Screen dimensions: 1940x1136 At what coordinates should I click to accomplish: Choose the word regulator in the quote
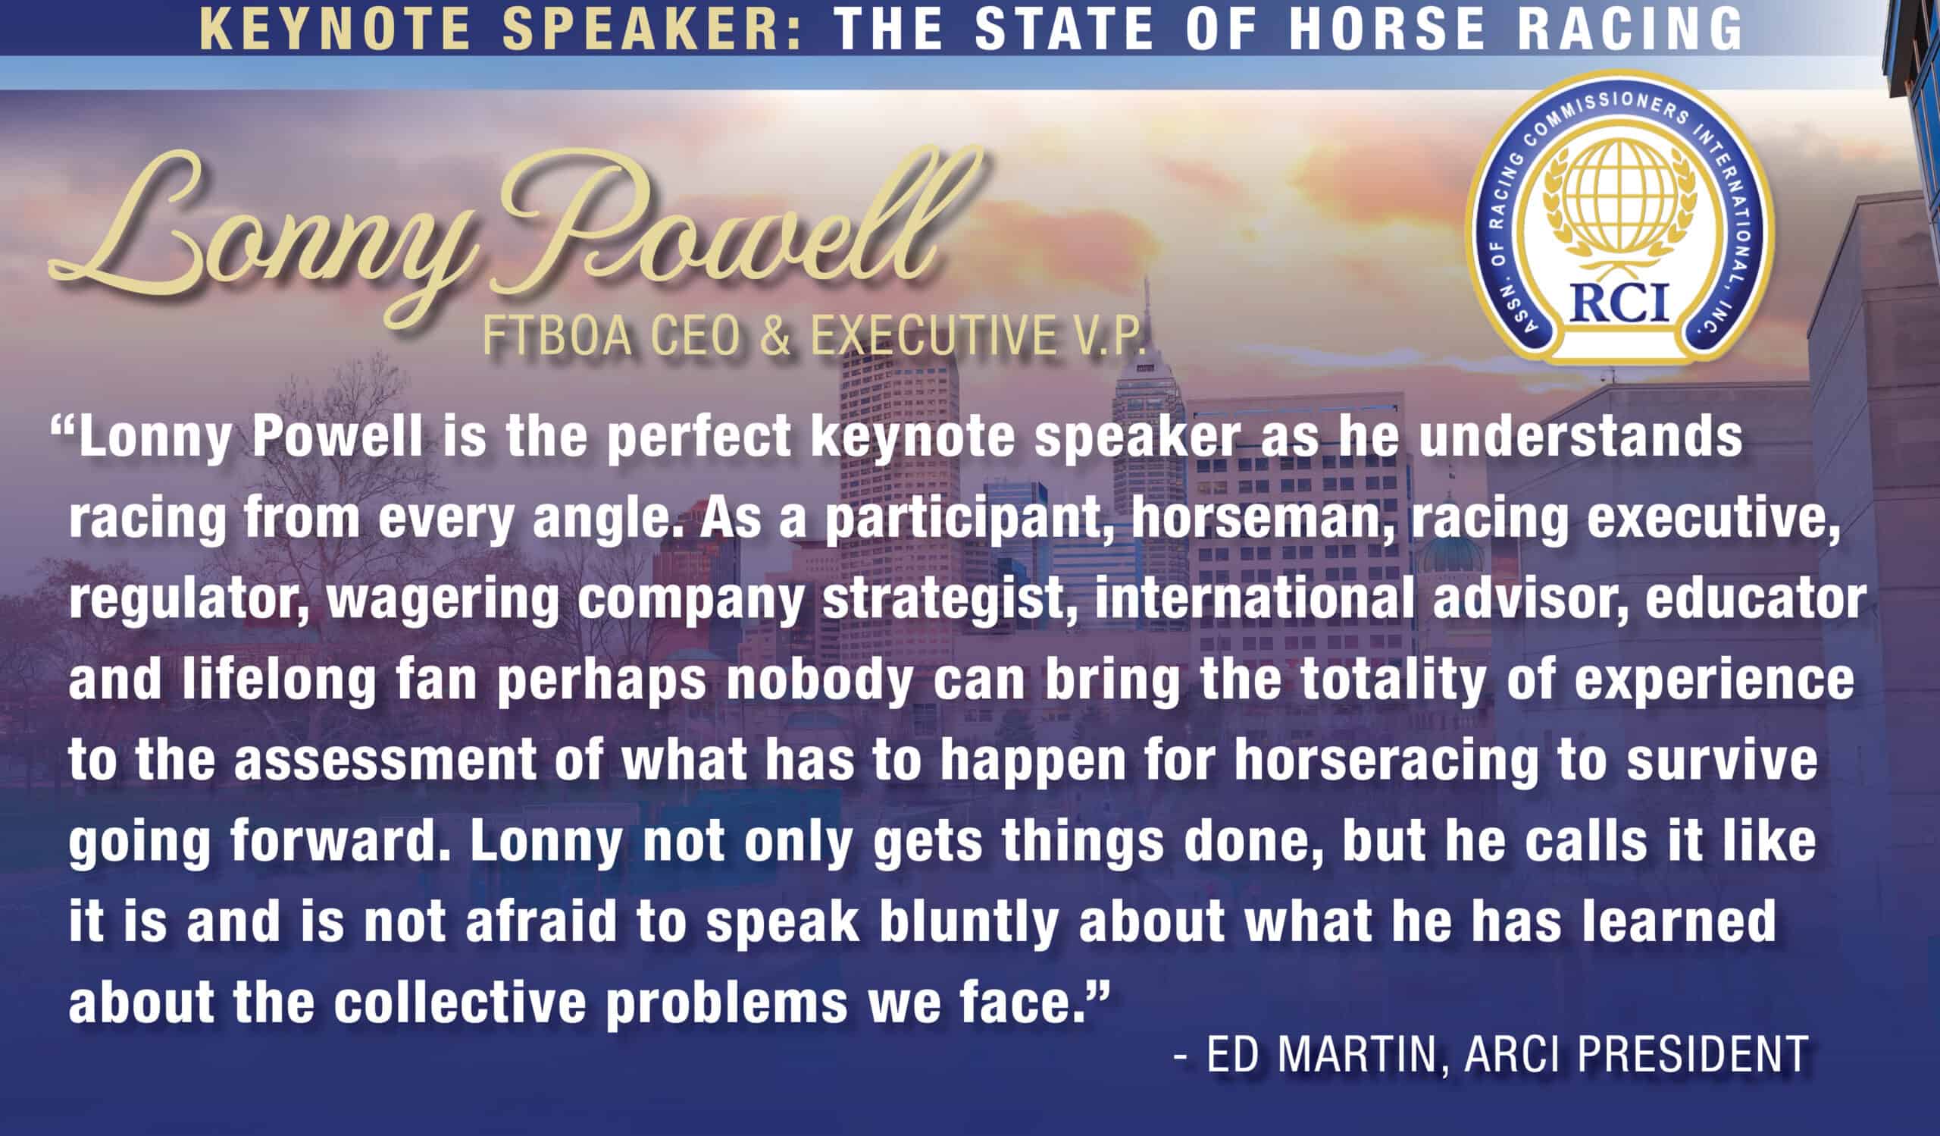point(189,600)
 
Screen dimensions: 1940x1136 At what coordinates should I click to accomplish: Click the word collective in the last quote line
point(460,1003)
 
